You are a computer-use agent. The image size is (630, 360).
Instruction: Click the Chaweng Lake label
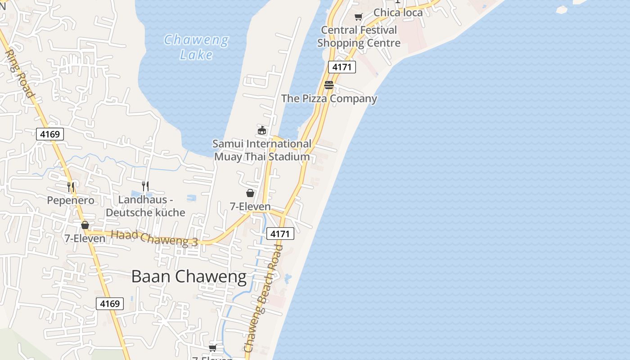[196, 47]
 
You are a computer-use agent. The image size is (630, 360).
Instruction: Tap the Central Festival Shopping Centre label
[359, 36]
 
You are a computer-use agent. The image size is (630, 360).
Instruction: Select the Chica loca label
[398, 12]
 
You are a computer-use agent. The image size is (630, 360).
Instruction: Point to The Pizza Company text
[329, 98]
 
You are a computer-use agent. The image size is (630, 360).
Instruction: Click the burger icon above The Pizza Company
[329, 85]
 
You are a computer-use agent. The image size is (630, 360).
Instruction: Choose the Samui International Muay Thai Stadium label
[262, 150]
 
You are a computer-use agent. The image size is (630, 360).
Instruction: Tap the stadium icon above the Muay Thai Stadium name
[262, 130]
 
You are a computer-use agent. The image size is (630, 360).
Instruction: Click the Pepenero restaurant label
[71, 200]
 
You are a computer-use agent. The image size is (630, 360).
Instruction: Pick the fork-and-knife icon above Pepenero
[71, 187]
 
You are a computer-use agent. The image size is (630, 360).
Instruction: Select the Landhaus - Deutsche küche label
[145, 206]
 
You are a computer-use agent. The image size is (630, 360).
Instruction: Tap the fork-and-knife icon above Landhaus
[145, 185]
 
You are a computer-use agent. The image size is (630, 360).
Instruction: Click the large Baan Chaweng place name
[189, 276]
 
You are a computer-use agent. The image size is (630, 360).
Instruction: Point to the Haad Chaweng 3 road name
[154, 238]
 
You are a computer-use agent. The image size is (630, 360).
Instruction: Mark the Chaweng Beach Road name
[264, 298]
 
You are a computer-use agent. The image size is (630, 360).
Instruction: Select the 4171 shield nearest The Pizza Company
[342, 67]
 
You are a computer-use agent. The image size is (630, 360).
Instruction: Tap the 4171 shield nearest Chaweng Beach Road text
[280, 234]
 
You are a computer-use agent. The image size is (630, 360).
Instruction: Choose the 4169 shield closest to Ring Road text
[50, 134]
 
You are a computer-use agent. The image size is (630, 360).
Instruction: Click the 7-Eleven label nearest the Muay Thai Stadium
[250, 206]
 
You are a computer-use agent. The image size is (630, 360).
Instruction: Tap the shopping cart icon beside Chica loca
[358, 17]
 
